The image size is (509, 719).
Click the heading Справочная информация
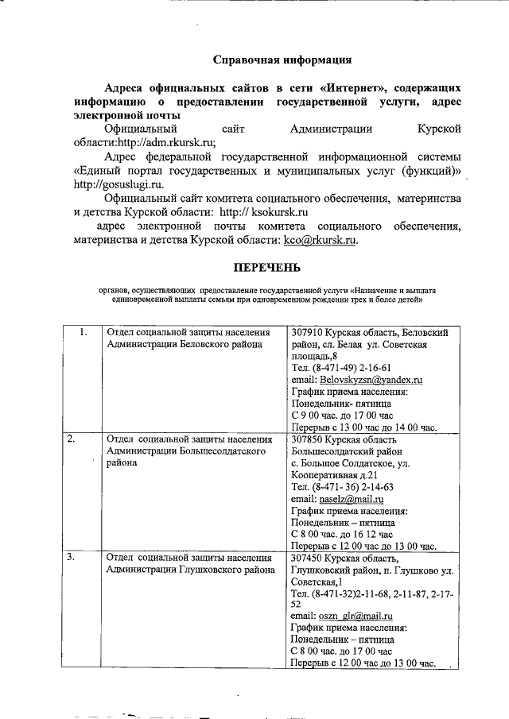click(x=282, y=60)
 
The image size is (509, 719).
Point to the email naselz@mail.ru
click(x=352, y=499)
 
